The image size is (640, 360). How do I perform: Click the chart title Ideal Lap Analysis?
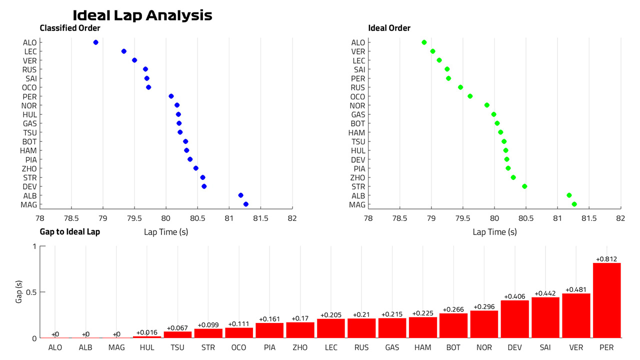142,15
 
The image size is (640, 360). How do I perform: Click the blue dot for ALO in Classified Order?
95,42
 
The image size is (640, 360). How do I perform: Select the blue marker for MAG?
245,204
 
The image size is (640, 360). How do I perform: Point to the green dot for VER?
432,51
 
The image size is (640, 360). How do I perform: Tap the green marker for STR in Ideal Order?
524,186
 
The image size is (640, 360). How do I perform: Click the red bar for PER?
606,300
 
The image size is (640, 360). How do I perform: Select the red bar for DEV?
515,319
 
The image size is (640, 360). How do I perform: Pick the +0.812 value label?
606,259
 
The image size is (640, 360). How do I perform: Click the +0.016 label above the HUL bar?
147,332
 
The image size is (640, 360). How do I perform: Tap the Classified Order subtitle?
70,28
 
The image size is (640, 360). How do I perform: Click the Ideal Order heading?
389,28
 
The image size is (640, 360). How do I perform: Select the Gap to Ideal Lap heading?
70,231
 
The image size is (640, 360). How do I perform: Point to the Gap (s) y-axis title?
18,291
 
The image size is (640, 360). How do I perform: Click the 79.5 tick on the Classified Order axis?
134,218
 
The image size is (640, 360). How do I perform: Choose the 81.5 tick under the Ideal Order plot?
589,218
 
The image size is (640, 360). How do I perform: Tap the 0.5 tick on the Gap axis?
31,292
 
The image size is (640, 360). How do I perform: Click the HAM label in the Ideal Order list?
356,133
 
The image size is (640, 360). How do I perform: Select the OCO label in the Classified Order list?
29,87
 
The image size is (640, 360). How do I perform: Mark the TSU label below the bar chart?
177,347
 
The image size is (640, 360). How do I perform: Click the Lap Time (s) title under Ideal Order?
495,232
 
